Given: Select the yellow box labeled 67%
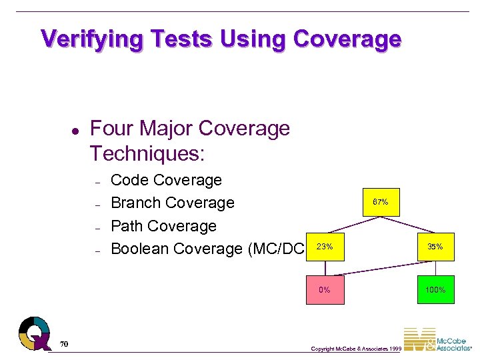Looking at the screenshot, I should [381, 202].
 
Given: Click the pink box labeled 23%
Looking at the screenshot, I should [325, 247].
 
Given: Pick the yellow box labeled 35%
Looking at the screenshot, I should [435, 247].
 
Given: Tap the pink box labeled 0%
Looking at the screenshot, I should [325, 290].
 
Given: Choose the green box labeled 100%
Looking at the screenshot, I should [435, 290].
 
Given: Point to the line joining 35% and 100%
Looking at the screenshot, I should [435, 268].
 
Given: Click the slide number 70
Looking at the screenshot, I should [64, 344].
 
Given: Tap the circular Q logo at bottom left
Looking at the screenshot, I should [35, 332].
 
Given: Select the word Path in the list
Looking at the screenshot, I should [126, 226].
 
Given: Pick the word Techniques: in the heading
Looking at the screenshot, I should [147, 154].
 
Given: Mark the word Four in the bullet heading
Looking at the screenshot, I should [109, 128].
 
